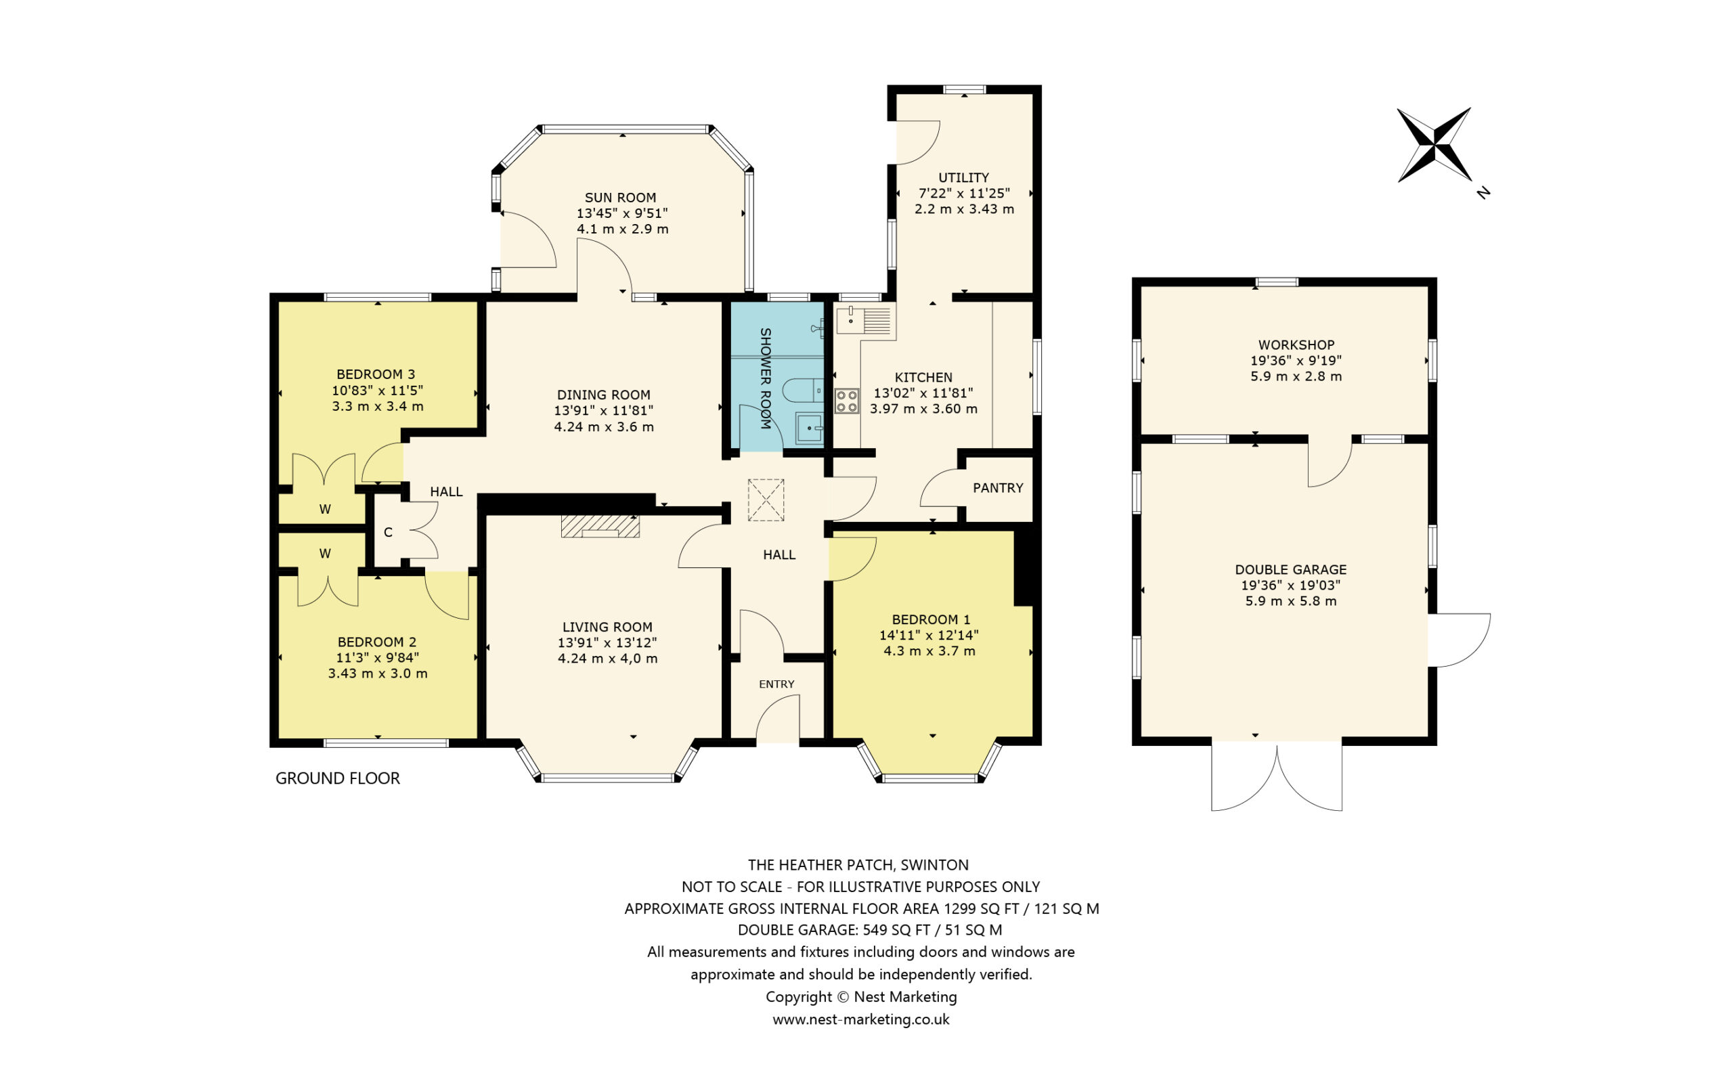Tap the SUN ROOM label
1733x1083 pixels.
click(620, 198)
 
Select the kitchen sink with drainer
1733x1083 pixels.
click(864, 320)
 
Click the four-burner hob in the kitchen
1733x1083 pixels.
click(846, 401)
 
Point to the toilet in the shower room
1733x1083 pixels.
click(802, 391)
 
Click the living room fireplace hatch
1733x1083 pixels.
click(600, 526)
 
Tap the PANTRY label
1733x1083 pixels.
click(998, 488)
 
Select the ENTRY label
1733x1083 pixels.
click(776, 684)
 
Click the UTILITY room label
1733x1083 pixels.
click(964, 177)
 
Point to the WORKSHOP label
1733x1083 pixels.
click(1296, 345)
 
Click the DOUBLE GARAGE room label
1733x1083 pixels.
click(1290, 569)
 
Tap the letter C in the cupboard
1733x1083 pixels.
click(388, 532)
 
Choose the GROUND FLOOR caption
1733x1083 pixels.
click(337, 778)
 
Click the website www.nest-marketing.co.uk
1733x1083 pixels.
click(861, 1019)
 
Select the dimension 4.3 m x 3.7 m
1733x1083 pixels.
click(929, 651)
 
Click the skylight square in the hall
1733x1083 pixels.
click(766, 500)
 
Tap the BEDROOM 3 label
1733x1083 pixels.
click(375, 374)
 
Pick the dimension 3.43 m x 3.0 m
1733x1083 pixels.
click(377, 673)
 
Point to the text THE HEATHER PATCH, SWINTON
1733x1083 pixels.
click(858, 864)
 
